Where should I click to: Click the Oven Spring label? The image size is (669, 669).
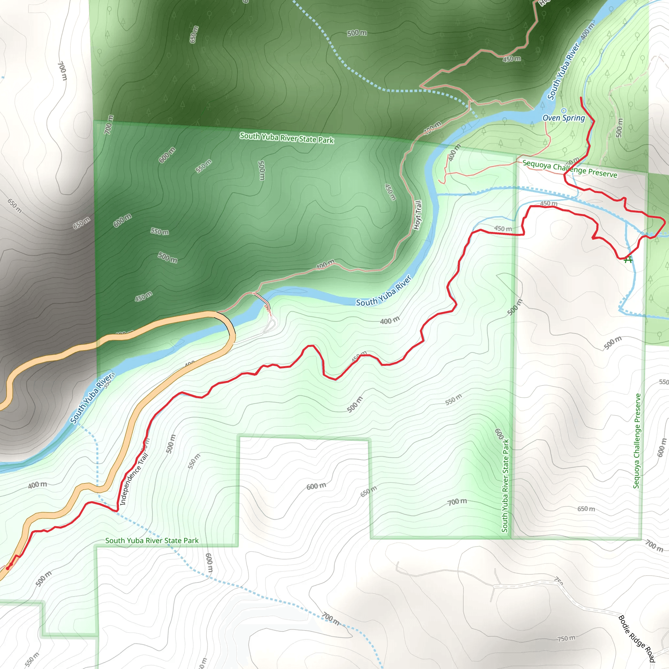pos(563,118)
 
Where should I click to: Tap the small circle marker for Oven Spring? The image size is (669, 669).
pos(563,111)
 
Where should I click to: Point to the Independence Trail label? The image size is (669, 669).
pos(134,479)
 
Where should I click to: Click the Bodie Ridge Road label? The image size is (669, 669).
pos(636,639)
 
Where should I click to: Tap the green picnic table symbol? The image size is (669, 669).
pos(628,259)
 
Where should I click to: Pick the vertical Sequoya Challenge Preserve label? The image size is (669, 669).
pos(636,440)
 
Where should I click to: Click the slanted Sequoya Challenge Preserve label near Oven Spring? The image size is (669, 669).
pos(570,168)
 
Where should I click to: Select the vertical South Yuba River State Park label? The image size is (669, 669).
pos(505,485)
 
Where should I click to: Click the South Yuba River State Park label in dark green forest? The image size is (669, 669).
pos(286,138)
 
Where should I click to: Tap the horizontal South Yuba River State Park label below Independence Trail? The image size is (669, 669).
pos(152,541)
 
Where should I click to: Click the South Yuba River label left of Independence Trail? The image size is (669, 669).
pos(91,398)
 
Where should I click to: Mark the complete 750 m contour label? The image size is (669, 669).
pos(566,638)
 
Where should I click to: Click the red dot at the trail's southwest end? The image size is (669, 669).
pos(8,568)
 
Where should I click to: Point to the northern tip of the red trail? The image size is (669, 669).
pos(581,98)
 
